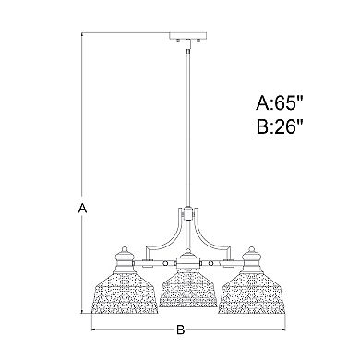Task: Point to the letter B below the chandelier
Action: click(181, 329)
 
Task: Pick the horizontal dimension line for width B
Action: click(138, 327)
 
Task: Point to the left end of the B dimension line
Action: click(91, 327)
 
